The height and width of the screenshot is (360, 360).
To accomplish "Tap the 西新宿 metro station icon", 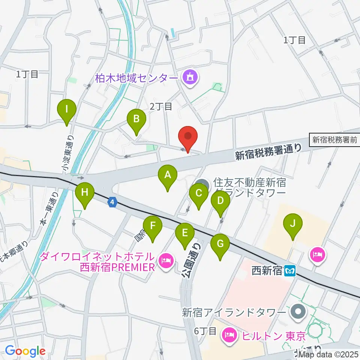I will point(289,270).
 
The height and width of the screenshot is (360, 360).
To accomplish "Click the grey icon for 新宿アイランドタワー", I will point(298,311).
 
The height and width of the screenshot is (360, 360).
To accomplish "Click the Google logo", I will point(25,351).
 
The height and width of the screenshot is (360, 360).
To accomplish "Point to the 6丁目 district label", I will point(205,331).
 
